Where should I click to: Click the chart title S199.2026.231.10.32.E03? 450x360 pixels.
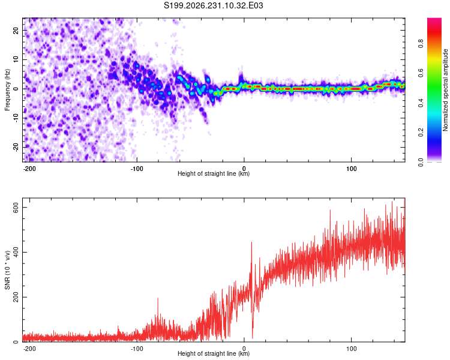213,5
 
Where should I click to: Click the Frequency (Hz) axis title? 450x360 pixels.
7,90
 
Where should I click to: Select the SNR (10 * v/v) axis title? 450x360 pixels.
7,270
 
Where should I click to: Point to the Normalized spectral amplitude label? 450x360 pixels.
445,90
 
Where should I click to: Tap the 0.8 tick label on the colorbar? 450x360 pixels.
421,44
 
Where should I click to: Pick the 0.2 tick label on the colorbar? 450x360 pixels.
421,133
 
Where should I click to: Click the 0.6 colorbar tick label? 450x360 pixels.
421,73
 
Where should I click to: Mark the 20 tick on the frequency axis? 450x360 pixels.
16,31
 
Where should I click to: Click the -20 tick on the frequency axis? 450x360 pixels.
16,147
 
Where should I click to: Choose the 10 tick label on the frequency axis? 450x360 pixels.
16,59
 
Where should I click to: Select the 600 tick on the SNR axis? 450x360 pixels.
16,207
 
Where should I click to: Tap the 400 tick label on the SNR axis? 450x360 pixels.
16,252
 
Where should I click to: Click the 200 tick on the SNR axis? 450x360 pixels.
16,297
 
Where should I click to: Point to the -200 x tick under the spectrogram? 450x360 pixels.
29,169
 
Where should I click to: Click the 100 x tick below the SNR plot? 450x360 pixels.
351,349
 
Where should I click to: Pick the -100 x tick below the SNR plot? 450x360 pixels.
137,349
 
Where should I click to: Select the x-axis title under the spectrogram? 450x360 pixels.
214,173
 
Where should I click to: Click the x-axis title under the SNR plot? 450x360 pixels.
214,353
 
